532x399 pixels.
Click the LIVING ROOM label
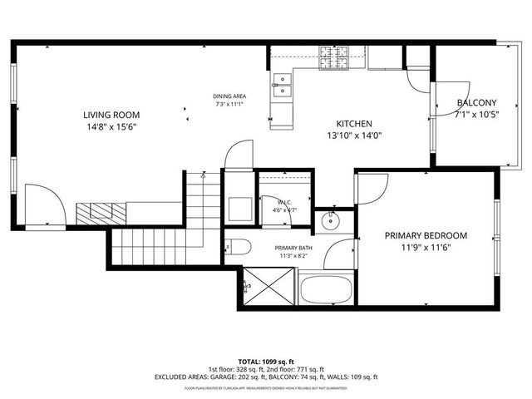point(111,115)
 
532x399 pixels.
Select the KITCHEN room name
point(353,122)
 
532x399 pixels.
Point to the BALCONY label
point(476,103)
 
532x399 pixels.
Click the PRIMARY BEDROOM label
point(425,235)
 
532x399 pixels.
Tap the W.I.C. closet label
point(283,202)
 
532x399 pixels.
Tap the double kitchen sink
point(283,85)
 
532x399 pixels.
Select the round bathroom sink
point(332,219)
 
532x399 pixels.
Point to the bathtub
point(326,290)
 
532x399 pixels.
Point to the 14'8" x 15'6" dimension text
point(111,128)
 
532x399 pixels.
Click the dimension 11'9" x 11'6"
point(425,248)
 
